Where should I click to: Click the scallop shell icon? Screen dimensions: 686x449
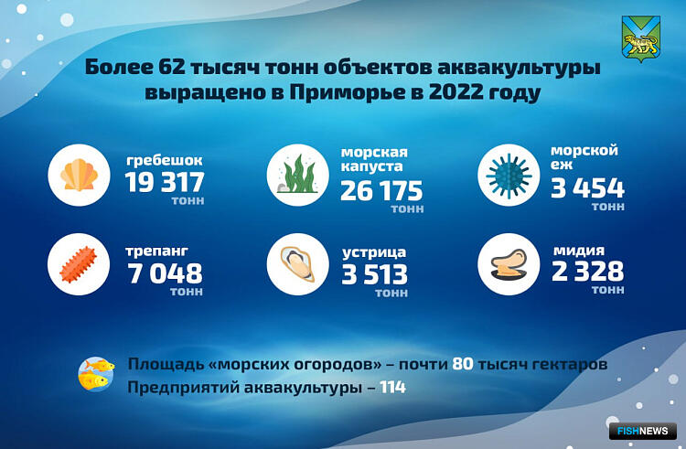(x=80, y=175)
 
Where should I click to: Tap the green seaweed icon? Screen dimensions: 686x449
(x=297, y=175)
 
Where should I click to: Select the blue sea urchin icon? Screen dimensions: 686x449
(x=509, y=176)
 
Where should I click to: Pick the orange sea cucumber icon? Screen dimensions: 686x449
(x=79, y=264)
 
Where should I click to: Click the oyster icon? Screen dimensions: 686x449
(x=297, y=264)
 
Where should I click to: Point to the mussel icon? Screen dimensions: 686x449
(x=509, y=264)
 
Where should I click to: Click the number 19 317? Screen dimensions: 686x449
(x=165, y=182)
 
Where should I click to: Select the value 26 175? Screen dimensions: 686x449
(x=381, y=190)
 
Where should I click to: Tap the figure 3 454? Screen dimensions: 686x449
(x=587, y=188)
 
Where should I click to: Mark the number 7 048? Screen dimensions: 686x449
(x=165, y=273)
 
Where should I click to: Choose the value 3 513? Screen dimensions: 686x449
(x=374, y=274)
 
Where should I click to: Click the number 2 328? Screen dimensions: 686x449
(x=587, y=271)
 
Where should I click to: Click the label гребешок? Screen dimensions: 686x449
(x=164, y=160)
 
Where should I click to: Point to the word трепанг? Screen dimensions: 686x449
(x=156, y=251)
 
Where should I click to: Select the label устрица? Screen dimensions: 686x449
(x=374, y=252)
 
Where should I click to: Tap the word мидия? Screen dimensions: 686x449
(x=578, y=250)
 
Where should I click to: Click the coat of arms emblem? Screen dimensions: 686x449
(x=641, y=39)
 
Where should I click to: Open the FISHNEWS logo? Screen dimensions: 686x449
(x=643, y=431)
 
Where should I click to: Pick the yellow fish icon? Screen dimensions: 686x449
(x=96, y=374)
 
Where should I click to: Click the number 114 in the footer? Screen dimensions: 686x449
(x=392, y=388)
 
